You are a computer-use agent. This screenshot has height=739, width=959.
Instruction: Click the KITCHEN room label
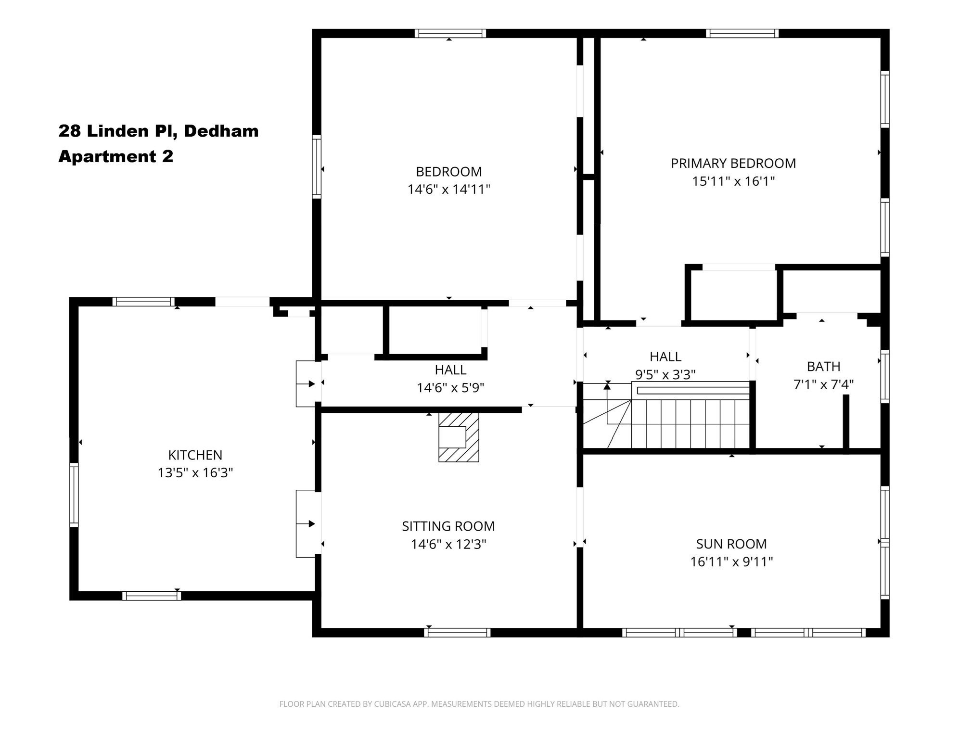point(195,455)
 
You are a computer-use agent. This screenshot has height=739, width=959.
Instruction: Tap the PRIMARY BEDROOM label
point(733,163)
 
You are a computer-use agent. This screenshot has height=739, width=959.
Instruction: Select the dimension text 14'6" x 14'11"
point(448,189)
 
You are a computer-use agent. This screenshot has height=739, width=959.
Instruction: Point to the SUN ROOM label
point(731,544)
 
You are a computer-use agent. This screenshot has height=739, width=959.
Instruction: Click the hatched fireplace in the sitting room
point(459,437)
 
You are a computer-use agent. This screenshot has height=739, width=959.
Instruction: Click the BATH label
point(823,367)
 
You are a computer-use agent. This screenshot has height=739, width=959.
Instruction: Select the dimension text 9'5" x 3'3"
point(665,374)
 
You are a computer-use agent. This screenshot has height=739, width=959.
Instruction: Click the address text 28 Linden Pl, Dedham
point(158,131)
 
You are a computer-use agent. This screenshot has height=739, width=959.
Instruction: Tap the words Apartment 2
point(115,156)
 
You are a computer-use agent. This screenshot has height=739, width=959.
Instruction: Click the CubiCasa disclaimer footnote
point(479,704)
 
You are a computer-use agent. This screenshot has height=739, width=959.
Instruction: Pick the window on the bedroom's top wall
point(450,33)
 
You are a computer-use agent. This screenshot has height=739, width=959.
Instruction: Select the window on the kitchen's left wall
point(74,495)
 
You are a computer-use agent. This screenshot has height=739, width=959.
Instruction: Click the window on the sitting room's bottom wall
point(457,633)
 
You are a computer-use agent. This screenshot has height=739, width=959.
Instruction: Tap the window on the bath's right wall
point(884,376)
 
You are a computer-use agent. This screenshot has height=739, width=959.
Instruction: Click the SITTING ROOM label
point(448,526)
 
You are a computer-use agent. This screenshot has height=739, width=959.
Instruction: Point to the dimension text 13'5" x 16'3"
point(195,472)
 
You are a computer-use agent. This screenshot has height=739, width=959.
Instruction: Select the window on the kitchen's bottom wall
point(152,596)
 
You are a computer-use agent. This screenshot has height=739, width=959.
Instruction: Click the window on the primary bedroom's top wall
point(742,33)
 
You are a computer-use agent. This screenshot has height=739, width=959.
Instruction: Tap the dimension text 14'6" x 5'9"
point(450,387)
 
